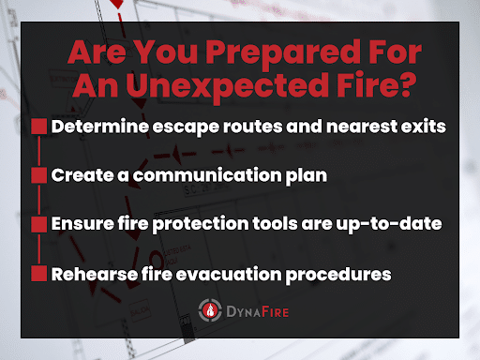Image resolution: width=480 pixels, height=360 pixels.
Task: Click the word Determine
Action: pos(98,127)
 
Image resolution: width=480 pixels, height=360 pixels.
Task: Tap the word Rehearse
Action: pos(94,274)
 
